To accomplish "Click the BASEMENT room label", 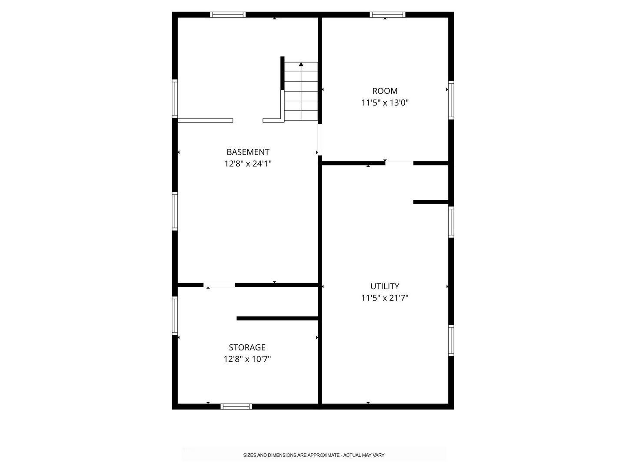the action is coord(248,152).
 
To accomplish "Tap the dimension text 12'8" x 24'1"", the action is coord(248,164).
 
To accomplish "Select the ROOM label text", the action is coord(385,91).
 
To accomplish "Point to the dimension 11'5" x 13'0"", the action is coord(385,102).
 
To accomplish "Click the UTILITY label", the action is coord(385,286).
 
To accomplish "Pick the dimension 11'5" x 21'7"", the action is coord(385,298).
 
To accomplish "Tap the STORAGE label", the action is coord(247,347).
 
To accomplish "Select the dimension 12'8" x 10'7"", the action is coord(247,359).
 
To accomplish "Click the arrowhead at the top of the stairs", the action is coord(301,64).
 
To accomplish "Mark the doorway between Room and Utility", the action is coord(399,163).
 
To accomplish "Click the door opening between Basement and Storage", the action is coord(219,285).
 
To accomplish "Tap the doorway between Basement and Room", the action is coord(320,139).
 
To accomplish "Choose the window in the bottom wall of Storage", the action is coord(236,406).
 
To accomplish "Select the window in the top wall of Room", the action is coord(388,14).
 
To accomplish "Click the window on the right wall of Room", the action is coord(451,100).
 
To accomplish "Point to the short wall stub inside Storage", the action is coord(277,318).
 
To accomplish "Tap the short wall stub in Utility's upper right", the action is coord(431,202).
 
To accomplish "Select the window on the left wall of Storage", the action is coord(174,316).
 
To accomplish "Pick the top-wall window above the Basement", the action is coord(228,14).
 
